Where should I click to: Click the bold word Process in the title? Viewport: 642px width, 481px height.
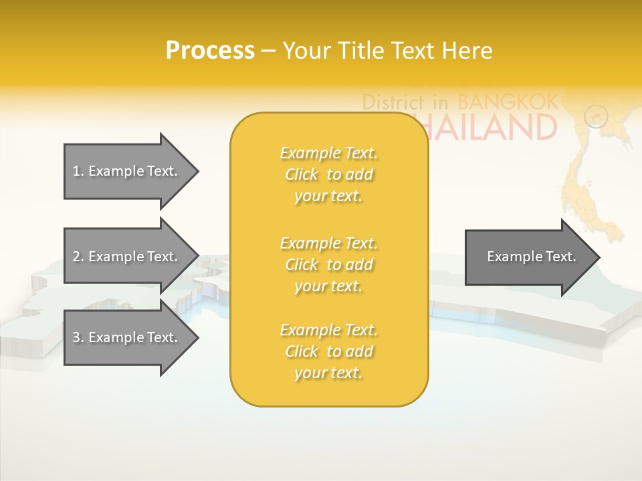210,51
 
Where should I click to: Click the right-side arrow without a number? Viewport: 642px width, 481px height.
532,257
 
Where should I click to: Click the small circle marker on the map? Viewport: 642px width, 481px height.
595,116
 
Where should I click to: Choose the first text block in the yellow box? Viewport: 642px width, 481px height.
328,174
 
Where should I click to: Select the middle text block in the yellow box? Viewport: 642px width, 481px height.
328,265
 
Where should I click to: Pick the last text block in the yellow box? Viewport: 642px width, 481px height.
328,351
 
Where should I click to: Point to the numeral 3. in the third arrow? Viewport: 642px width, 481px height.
78,337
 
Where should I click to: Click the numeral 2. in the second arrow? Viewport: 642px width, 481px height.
78,257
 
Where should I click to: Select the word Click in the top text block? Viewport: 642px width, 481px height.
302,174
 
